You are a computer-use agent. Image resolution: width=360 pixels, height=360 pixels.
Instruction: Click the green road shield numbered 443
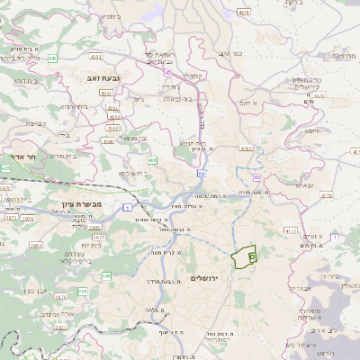point(53,58)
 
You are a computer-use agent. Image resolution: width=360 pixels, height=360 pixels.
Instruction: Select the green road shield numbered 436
point(153,160)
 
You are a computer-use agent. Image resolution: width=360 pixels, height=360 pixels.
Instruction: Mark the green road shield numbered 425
point(6,167)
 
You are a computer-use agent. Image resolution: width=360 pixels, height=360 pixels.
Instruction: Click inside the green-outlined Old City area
point(242,258)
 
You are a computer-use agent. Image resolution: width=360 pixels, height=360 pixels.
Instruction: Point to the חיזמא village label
point(313,131)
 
